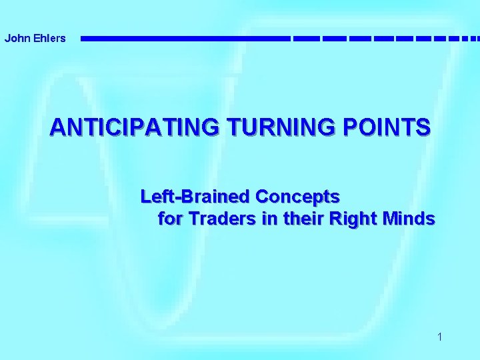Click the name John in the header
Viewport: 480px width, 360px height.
pos(15,38)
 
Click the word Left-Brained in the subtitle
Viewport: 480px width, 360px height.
pos(195,197)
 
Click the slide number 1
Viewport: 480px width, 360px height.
pos(440,337)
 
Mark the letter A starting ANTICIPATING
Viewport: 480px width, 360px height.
pos(57,127)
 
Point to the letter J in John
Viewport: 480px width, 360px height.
pos(7,38)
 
